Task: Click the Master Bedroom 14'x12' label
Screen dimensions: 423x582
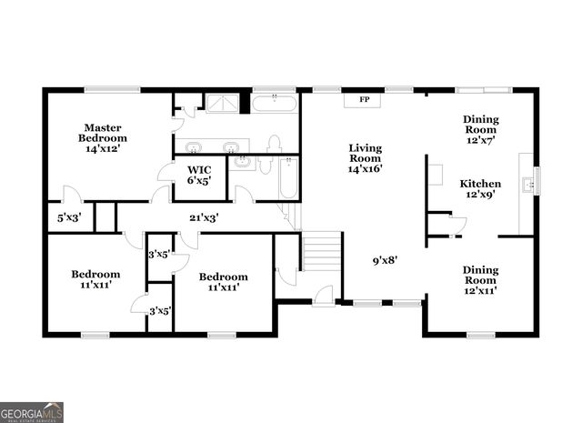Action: click(x=104, y=138)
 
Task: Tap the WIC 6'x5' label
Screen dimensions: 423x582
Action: click(x=199, y=175)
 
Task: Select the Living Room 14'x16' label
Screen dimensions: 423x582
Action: click(x=365, y=160)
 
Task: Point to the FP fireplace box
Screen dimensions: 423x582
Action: click(x=364, y=99)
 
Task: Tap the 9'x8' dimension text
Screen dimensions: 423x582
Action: click(x=383, y=259)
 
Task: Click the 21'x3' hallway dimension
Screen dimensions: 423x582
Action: click(x=203, y=217)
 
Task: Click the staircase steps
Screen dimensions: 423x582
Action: click(x=321, y=252)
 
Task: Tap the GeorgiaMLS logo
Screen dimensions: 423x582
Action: click(x=32, y=412)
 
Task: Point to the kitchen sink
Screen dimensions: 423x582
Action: click(x=527, y=185)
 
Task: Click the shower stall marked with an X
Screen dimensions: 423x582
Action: click(x=219, y=102)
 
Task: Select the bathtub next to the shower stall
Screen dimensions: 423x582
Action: click(x=275, y=102)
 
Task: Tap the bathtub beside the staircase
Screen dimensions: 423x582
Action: click(x=287, y=178)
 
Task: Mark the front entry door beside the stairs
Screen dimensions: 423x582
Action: click(x=323, y=295)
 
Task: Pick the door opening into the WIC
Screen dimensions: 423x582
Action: click(x=166, y=172)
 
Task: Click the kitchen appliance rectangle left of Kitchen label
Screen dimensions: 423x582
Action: click(x=436, y=174)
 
